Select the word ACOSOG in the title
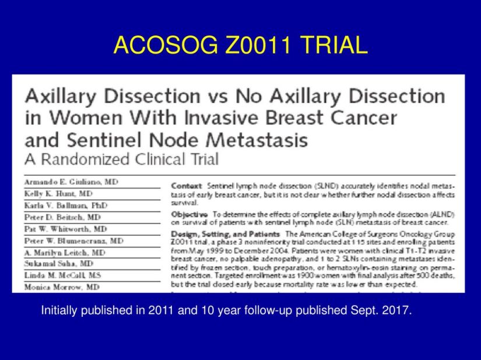[x=157, y=45]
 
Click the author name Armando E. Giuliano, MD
[x=71, y=182]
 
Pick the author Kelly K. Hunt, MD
[x=58, y=193]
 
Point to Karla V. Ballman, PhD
[x=66, y=205]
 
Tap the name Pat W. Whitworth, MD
[x=65, y=229]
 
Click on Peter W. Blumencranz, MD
[x=73, y=240]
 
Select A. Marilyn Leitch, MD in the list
[x=65, y=252]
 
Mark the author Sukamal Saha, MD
[x=59, y=264]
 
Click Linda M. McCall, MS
[x=62, y=275]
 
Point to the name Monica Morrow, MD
[x=62, y=287]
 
